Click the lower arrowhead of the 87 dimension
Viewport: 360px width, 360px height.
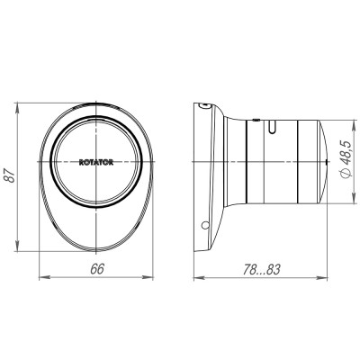point(20,252)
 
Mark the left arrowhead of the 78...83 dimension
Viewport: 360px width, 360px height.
point(198,276)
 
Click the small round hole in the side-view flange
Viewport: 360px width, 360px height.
point(206,224)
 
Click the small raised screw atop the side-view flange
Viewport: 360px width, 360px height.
point(206,106)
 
